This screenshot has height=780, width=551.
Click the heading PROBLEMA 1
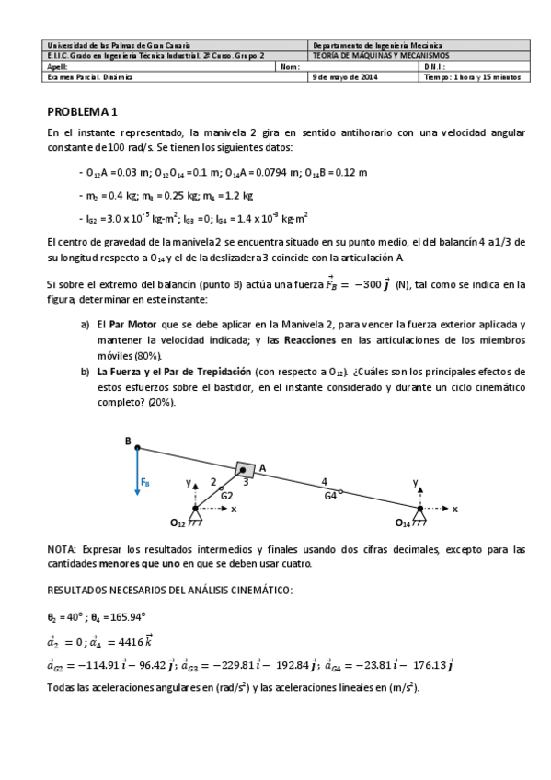tap(83, 112)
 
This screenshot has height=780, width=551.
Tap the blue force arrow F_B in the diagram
tap(137, 474)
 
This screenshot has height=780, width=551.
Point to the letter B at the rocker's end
tap(128, 441)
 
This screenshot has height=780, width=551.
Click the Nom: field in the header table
tap(289, 66)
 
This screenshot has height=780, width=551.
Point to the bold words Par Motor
tap(130, 326)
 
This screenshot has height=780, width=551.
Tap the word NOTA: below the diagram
tap(63, 549)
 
